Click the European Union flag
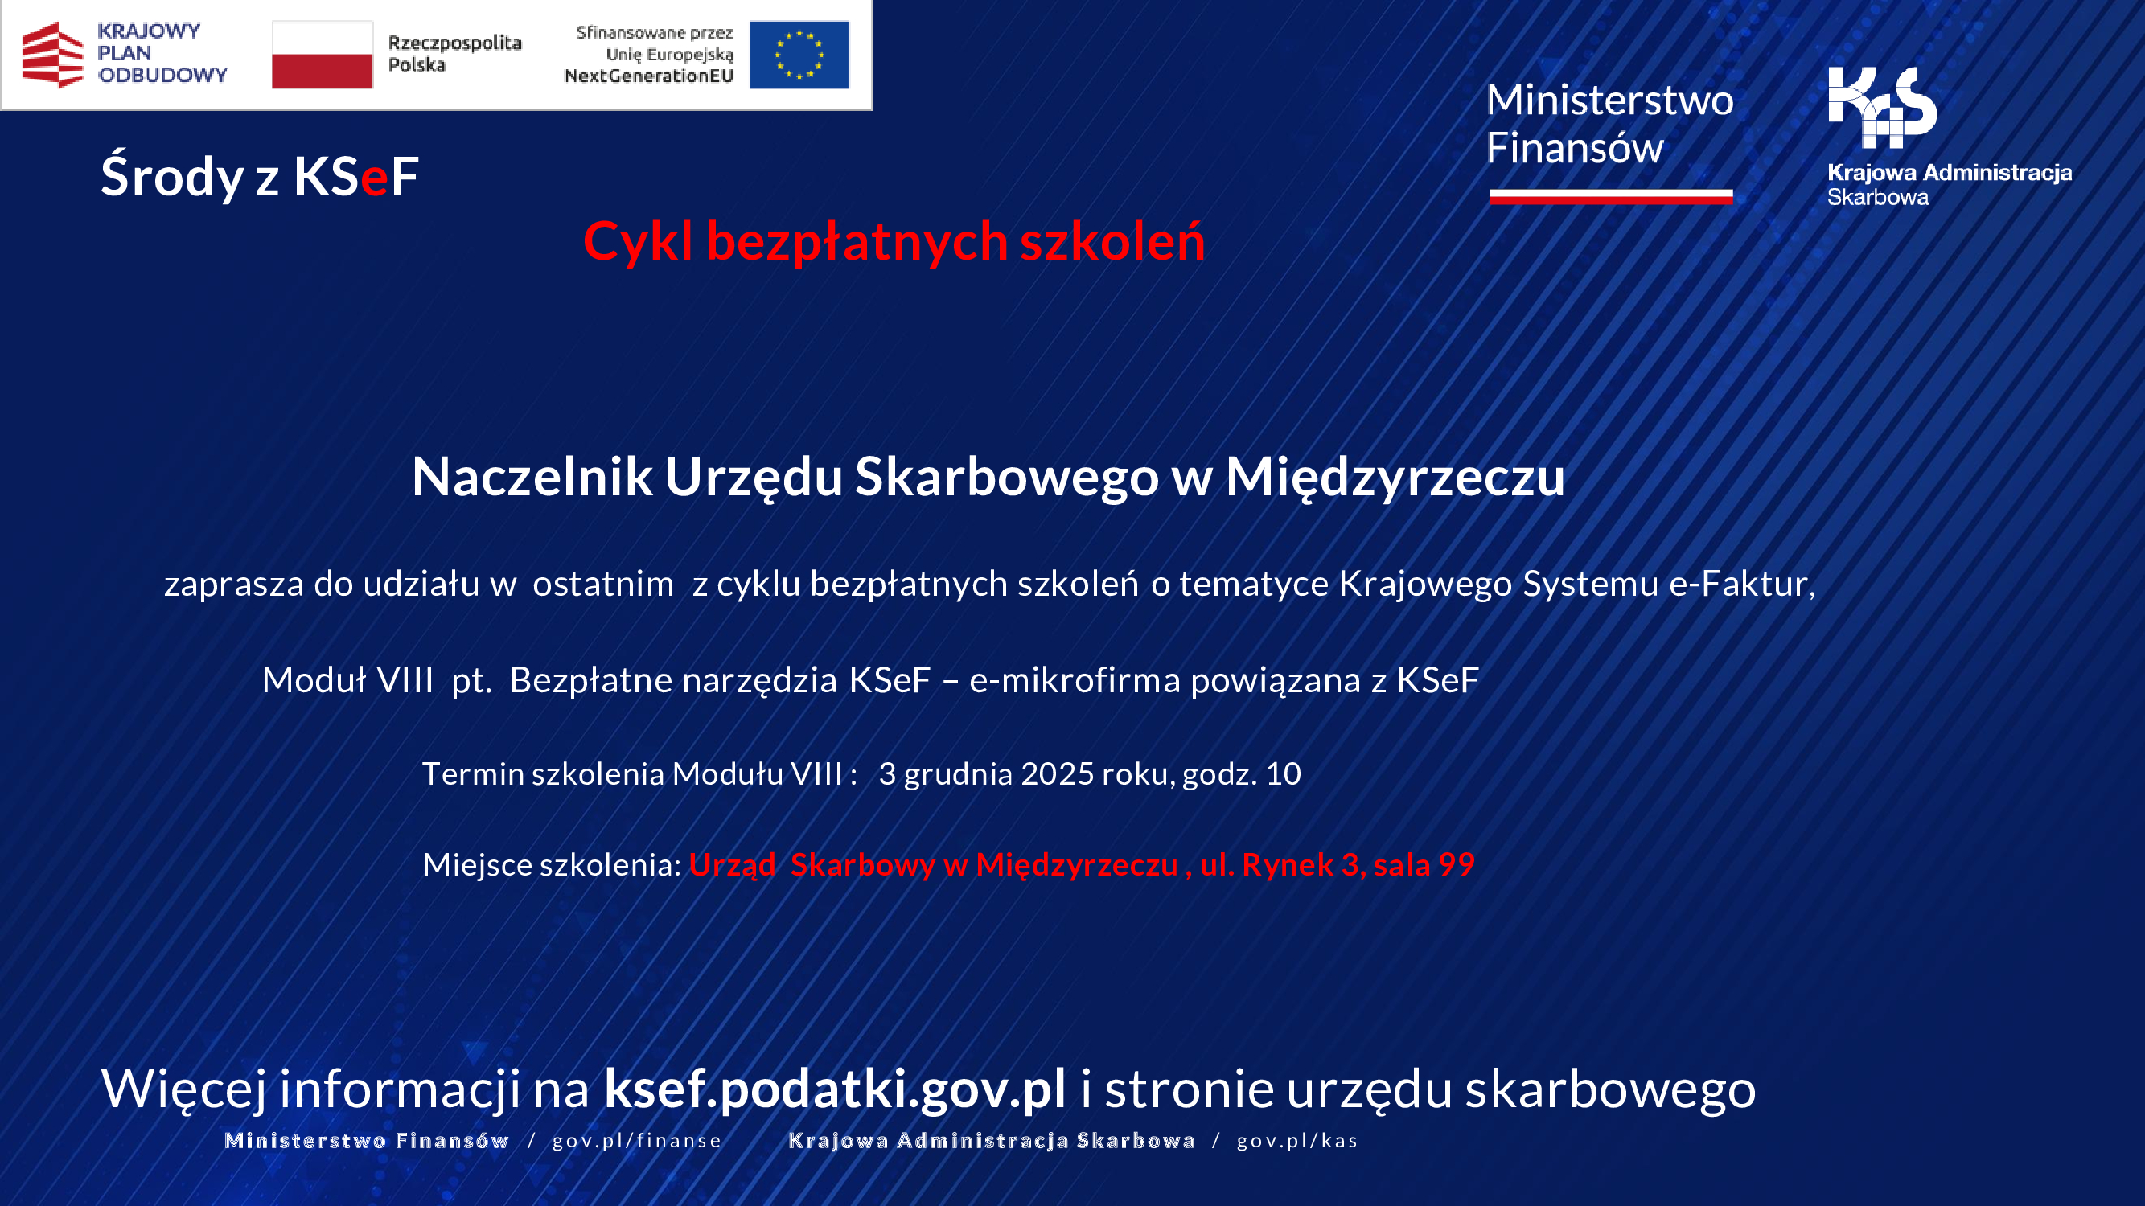tap(799, 55)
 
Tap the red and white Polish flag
tap(323, 55)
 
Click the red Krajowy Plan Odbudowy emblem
tap(52, 55)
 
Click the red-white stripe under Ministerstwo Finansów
tap(1610, 196)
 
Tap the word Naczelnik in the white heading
tap(532, 478)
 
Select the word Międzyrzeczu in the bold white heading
tap(1395, 478)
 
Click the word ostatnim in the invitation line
tap(603, 585)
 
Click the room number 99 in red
tap(1457, 865)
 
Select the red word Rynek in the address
tap(1288, 866)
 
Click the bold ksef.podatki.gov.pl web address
tap(834, 1089)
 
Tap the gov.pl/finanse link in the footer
tap(637, 1141)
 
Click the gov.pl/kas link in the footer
tap(1296, 1141)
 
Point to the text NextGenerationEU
tap(649, 76)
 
